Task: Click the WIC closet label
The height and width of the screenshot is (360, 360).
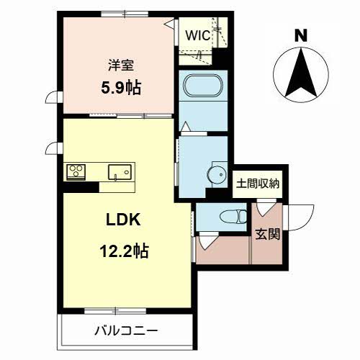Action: (x=198, y=35)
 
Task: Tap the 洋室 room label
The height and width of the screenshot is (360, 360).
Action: (x=121, y=65)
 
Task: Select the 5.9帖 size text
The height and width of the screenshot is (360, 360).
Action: (x=121, y=88)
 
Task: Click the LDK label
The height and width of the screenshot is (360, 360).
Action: (x=123, y=220)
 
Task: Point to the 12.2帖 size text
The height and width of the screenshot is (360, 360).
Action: (x=124, y=251)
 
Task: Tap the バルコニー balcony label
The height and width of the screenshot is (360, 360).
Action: (x=126, y=331)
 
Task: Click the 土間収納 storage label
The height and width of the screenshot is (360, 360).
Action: (x=258, y=184)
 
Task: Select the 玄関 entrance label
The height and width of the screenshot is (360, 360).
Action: (x=267, y=234)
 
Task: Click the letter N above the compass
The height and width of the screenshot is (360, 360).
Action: (x=301, y=35)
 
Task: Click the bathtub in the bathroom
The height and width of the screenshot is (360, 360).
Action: (x=203, y=86)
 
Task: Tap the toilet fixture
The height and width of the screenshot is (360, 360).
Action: (x=233, y=216)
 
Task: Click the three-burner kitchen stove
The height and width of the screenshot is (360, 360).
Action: (x=76, y=172)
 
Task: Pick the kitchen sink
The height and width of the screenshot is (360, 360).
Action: (x=120, y=172)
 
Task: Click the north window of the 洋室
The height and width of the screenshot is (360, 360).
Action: (x=125, y=14)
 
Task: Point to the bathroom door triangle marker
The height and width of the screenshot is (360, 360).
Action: (x=186, y=127)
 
